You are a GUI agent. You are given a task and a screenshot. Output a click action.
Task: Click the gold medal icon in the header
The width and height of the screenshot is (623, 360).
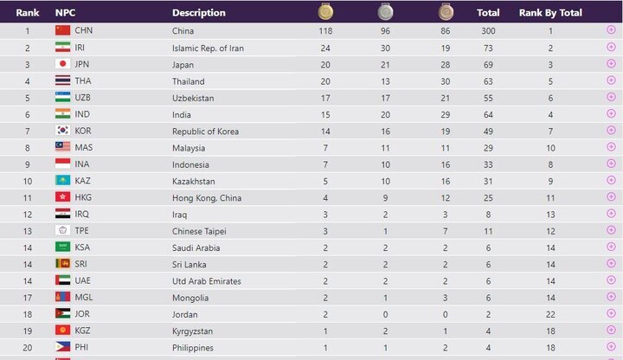(325, 11)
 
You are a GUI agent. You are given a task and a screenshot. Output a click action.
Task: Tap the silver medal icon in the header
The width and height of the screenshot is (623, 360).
(385, 11)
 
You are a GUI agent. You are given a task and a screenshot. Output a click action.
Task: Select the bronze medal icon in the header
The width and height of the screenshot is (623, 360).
(446, 11)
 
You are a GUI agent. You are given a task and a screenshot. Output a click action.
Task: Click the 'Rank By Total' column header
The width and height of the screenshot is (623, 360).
(550, 13)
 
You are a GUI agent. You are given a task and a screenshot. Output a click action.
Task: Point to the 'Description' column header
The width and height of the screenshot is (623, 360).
(199, 13)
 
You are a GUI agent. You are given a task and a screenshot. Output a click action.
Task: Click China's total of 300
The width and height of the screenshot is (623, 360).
(488, 30)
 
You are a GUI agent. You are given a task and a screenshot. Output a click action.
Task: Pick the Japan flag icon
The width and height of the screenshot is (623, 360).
(63, 63)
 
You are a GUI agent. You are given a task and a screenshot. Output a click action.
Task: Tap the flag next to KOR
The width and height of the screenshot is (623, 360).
(63, 131)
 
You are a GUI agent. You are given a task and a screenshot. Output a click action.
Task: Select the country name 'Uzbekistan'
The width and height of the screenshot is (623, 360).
(193, 98)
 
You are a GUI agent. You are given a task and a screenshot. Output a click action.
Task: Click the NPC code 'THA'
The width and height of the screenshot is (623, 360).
(83, 80)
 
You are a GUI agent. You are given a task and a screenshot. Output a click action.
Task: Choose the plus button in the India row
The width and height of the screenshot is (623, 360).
(611, 113)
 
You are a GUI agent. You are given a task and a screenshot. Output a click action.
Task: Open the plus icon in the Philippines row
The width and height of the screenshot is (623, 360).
(611, 346)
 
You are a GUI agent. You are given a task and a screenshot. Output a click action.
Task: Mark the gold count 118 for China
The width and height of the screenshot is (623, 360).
(325, 30)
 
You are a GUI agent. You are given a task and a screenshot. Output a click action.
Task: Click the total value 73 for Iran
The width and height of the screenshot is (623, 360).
(488, 48)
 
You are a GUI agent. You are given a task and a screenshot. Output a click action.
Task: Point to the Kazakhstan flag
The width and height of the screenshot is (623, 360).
(63, 180)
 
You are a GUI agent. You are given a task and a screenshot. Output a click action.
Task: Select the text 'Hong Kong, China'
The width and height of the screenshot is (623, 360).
(207, 198)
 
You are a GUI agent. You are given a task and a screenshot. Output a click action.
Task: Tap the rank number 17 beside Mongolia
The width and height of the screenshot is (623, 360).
(28, 298)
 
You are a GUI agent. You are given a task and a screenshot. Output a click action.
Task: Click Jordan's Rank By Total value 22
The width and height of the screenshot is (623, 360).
(550, 314)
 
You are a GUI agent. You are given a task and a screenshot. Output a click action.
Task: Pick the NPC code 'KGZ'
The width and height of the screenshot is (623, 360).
(83, 331)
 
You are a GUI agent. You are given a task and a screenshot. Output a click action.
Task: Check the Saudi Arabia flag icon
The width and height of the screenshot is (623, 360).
(63, 247)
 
